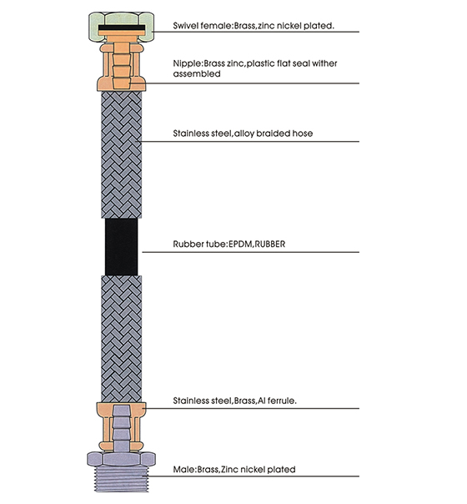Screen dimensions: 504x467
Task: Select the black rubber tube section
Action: coord(121,247)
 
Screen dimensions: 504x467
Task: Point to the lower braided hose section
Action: coord(121,338)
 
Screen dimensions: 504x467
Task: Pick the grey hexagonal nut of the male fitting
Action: coord(121,460)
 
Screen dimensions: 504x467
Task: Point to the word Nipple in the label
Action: coord(186,63)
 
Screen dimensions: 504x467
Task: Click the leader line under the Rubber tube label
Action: coord(250,251)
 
